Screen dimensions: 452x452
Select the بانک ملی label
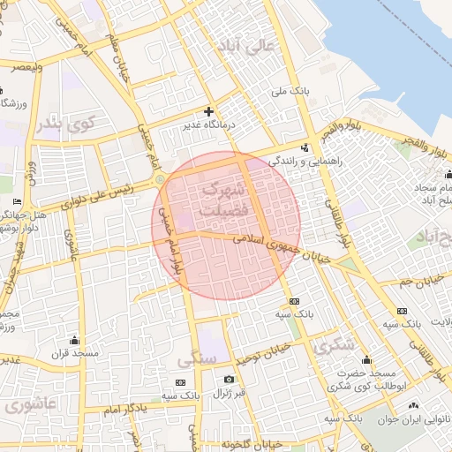click(296, 91)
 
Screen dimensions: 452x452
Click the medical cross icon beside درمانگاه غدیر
click(208, 111)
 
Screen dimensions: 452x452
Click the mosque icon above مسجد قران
click(74, 341)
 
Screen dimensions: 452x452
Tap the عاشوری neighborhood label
click(30, 407)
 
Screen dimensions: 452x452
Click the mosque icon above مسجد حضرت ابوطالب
click(366, 360)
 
